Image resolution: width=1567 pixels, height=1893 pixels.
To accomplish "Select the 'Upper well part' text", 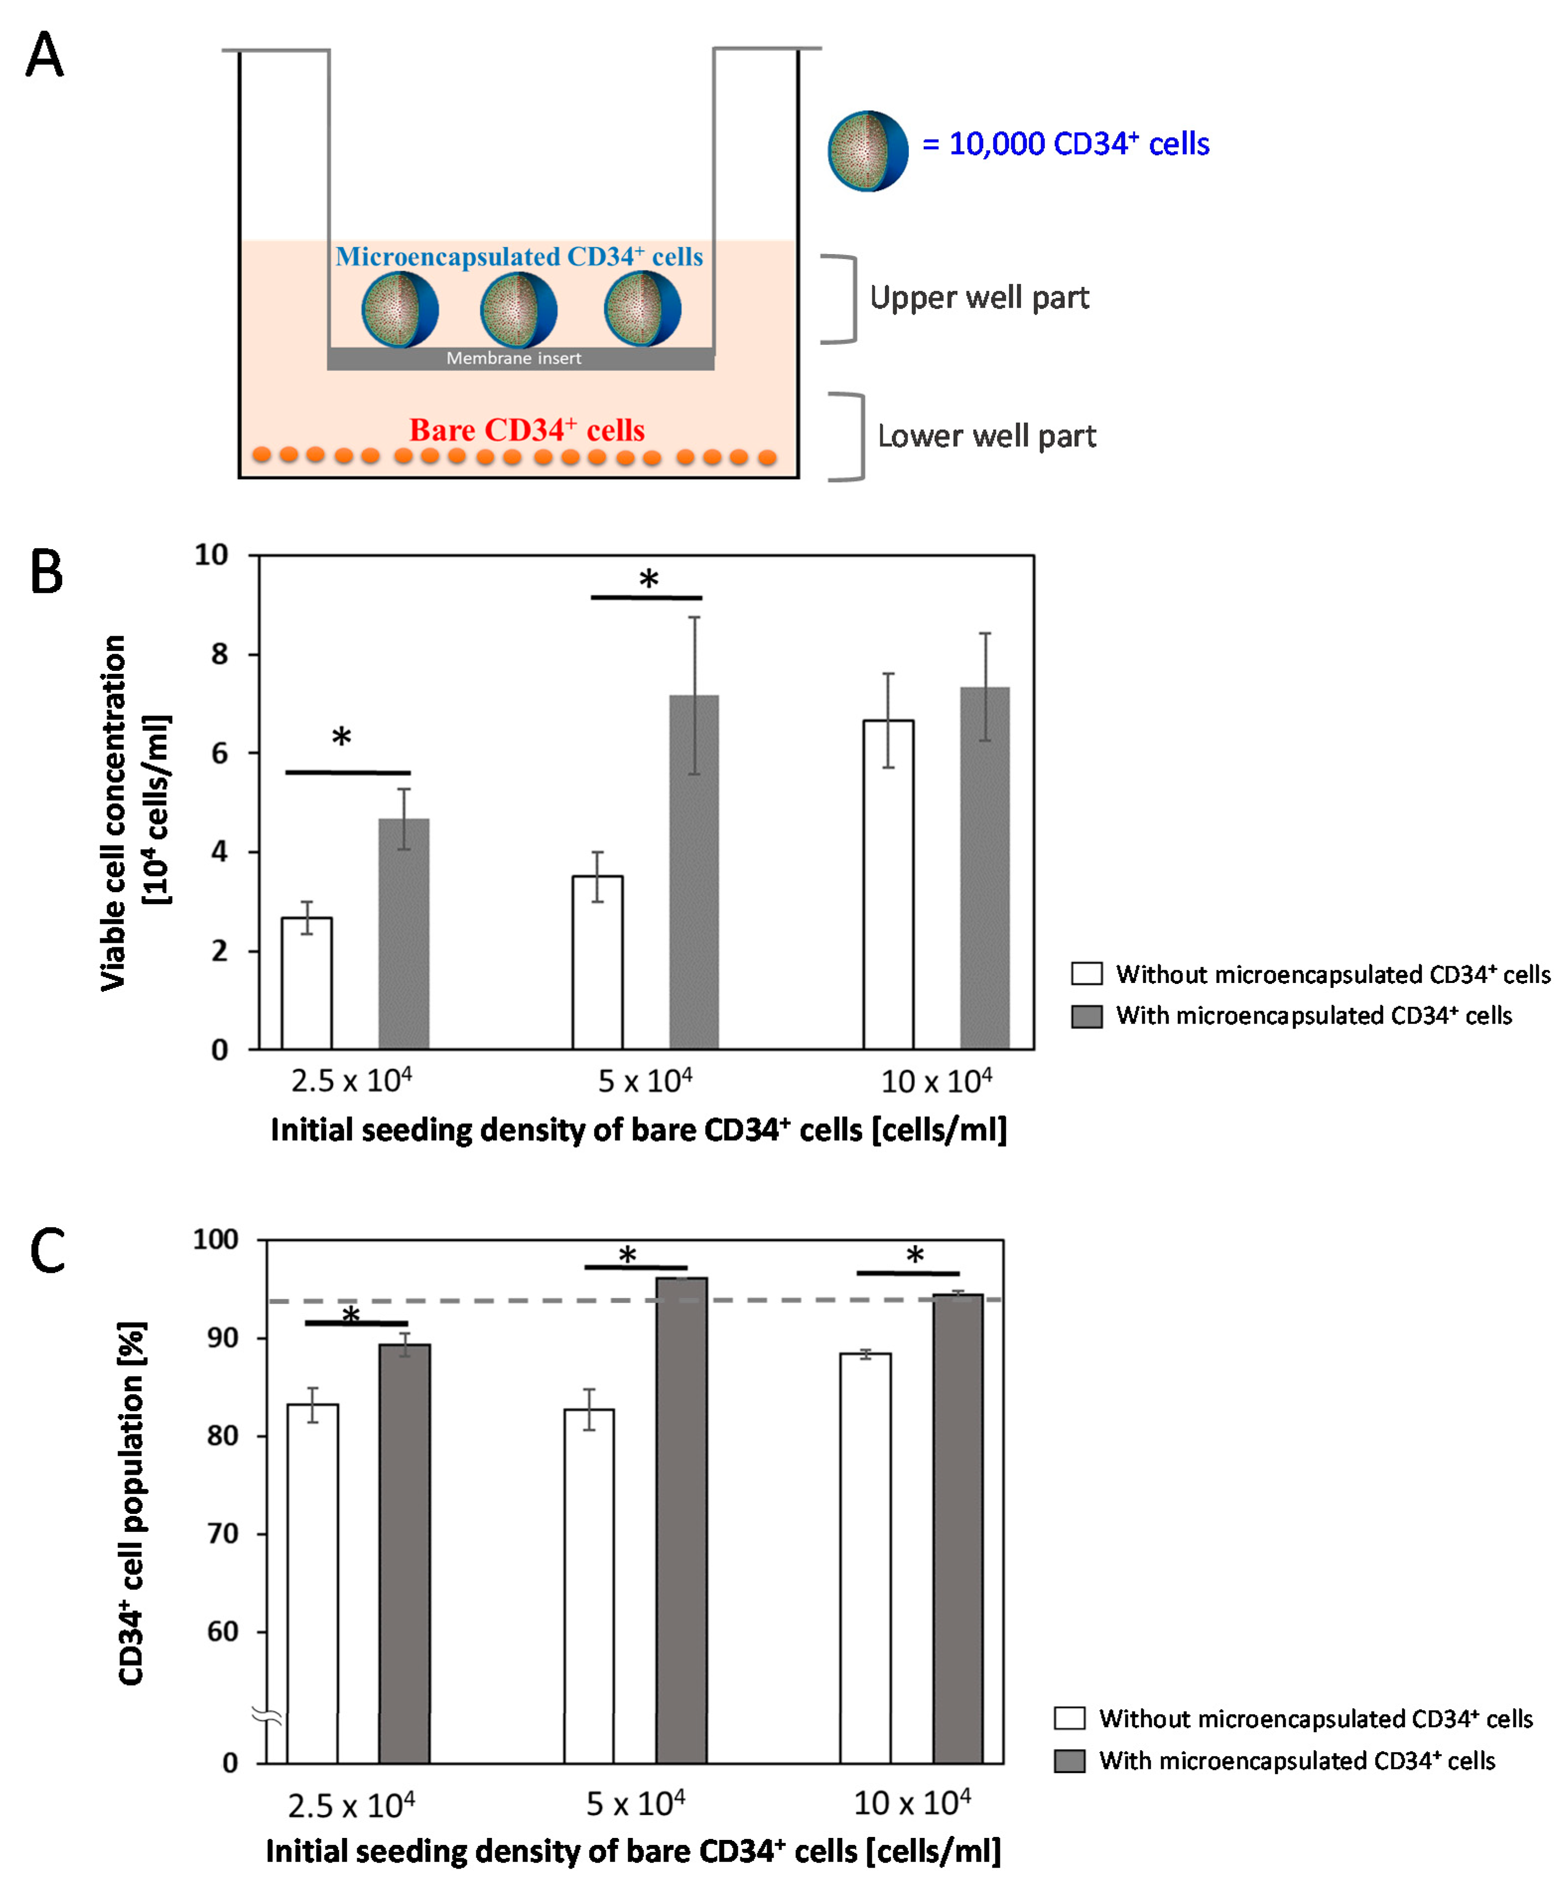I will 979,298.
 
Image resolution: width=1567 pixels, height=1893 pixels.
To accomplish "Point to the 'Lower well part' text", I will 986,436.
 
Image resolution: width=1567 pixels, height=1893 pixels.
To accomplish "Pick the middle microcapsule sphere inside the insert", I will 519,309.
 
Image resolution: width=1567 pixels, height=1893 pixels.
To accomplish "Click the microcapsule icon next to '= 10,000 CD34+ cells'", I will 867,150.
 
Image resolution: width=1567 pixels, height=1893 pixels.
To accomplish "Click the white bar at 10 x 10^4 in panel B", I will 888,883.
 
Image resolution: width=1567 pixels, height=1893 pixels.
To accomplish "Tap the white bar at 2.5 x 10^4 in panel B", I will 307,982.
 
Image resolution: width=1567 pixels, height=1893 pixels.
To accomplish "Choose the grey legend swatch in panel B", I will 1087,1016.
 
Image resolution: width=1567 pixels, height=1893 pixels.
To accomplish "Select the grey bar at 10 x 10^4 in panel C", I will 958,1528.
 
